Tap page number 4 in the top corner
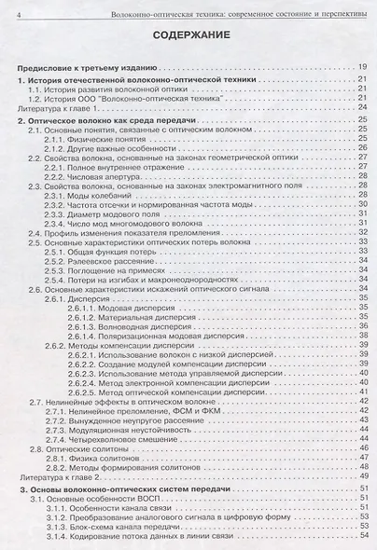tap(7, 8)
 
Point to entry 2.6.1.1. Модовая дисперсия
tap(113, 308)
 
